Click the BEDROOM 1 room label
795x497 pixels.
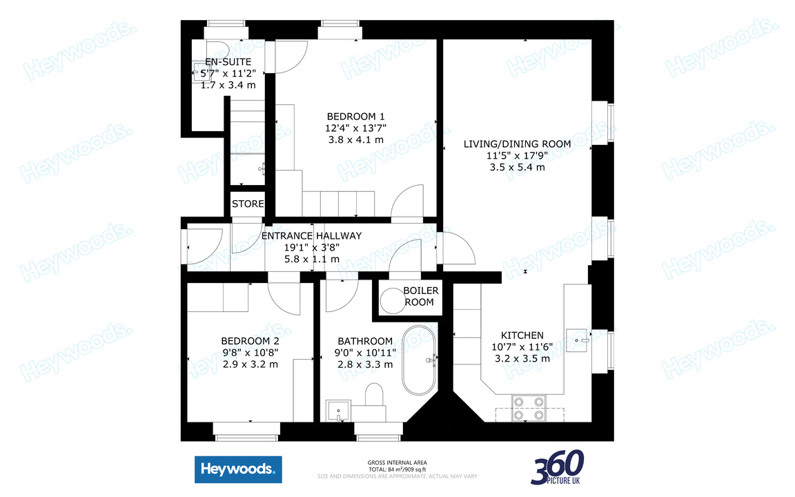(355, 116)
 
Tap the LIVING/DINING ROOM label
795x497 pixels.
(517, 144)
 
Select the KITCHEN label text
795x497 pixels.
(522, 335)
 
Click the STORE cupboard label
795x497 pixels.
(248, 204)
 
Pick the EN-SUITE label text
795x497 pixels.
(223, 61)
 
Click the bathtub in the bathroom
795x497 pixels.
(419, 360)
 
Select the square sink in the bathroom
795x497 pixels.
(338, 410)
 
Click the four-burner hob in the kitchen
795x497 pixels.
(528, 407)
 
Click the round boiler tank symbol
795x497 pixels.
(391, 300)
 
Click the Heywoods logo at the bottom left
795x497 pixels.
(238, 470)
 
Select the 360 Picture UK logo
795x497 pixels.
(557, 467)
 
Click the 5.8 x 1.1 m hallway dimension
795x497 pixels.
(312, 259)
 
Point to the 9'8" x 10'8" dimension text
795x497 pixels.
(250, 353)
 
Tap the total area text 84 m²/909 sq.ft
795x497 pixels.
(396, 469)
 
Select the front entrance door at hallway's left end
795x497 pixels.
(194, 245)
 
